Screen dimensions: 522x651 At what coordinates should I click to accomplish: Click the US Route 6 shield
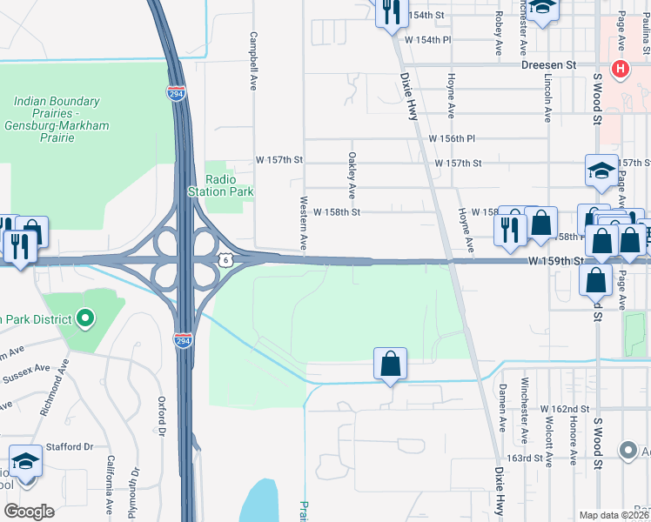click(226, 259)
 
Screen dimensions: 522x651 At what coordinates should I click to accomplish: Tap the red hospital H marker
click(621, 69)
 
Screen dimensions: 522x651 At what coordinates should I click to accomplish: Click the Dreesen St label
click(549, 64)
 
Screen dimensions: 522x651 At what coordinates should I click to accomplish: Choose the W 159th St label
click(554, 260)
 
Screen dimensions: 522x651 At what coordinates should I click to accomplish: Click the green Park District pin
click(84, 318)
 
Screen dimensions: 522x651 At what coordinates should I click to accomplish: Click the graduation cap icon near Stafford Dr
click(25, 461)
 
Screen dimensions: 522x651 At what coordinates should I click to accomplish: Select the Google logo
click(29, 511)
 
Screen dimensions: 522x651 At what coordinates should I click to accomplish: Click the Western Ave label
click(304, 224)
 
